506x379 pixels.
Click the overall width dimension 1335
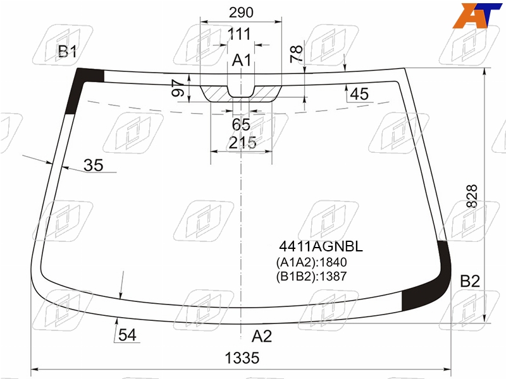click(242, 358)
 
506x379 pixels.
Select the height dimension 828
click(472, 196)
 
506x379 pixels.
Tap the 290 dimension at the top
click(241, 13)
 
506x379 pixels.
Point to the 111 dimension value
click(239, 34)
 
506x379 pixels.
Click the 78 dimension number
click(296, 54)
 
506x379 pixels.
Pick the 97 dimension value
click(178, 88)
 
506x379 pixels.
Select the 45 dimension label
click(359, 94)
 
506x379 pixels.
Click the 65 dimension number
click(241, 124)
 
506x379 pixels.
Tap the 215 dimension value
click(243, 143)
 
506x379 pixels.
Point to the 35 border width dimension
click(93, 165)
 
